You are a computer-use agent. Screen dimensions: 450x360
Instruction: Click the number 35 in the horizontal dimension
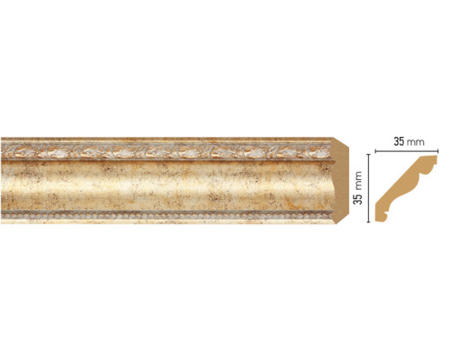point(399,141)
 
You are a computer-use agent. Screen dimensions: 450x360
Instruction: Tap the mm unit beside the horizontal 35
point(416,142)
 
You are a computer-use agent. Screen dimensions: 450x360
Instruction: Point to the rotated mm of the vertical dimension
point(358,180)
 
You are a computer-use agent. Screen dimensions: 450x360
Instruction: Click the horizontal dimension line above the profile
point(407,151)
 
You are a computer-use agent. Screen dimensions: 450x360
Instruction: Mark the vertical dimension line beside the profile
point(368,188)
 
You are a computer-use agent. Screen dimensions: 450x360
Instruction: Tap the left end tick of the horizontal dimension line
point(375,151)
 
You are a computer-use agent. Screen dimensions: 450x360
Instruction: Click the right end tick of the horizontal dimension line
point(438,151)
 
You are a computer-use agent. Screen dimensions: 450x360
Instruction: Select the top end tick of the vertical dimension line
point(368,154)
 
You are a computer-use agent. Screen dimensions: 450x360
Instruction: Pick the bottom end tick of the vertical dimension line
point(368,222)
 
